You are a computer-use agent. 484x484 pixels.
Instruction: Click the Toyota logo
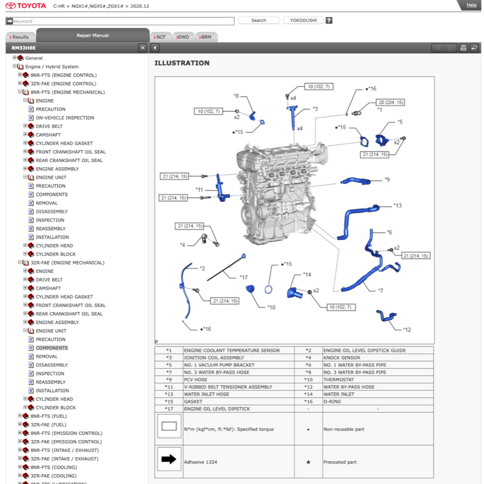[26, 6]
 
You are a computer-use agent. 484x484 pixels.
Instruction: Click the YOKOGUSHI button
[303, 20]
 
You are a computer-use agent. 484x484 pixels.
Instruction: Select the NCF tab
[160, 37]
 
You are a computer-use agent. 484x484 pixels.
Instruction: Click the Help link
[471, 5]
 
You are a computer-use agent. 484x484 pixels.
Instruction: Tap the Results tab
[19, 37]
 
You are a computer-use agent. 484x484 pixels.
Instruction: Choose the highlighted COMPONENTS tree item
[52, 348]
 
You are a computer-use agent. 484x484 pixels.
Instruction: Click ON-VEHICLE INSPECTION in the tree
[65, 118]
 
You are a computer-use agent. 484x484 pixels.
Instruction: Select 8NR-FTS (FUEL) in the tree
[49, 416]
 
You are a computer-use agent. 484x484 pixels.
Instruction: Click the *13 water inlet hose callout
[398, 206]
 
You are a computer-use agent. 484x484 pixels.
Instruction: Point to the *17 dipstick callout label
[243, 277]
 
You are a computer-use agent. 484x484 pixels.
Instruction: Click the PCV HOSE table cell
[196, 380]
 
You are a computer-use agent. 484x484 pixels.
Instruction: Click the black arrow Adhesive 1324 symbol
[169, 459]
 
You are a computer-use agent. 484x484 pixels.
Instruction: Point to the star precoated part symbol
[308, 462]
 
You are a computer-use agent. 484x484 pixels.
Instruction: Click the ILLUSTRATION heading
[182, 63]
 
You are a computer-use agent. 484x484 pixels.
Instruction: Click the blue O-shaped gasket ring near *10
[269, 290]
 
